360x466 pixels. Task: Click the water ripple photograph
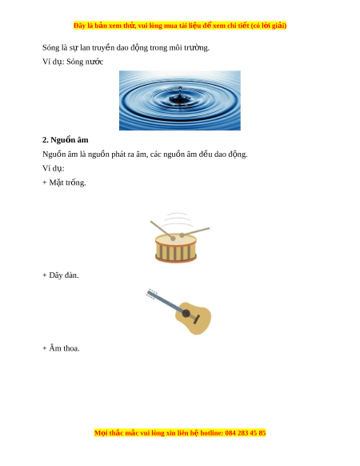[x=180, y=100]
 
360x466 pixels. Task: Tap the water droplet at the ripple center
[x=180, y=89]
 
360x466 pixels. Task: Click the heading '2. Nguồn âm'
[x=66, y=140]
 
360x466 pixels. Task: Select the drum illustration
[x=179, y=238]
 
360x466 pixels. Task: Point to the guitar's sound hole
[x=186, y=313]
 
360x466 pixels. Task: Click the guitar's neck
[x=162, y=301]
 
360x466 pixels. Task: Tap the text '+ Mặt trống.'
[x=64, y=183]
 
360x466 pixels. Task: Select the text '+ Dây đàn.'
[x=61, y=275]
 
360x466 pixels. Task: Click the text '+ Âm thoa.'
[x=61, y=348]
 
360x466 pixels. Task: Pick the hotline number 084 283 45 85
[x=246, y=432]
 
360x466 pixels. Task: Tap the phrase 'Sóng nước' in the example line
[x=85, y=62]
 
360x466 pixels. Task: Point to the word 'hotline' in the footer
[x=211, y=432]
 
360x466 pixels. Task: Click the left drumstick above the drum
[x=162, y=231]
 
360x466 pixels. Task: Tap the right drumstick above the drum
[x=194, y=232]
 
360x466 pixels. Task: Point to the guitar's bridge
[x=196, y=319]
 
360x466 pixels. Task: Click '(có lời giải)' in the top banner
[x=269, y=26]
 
